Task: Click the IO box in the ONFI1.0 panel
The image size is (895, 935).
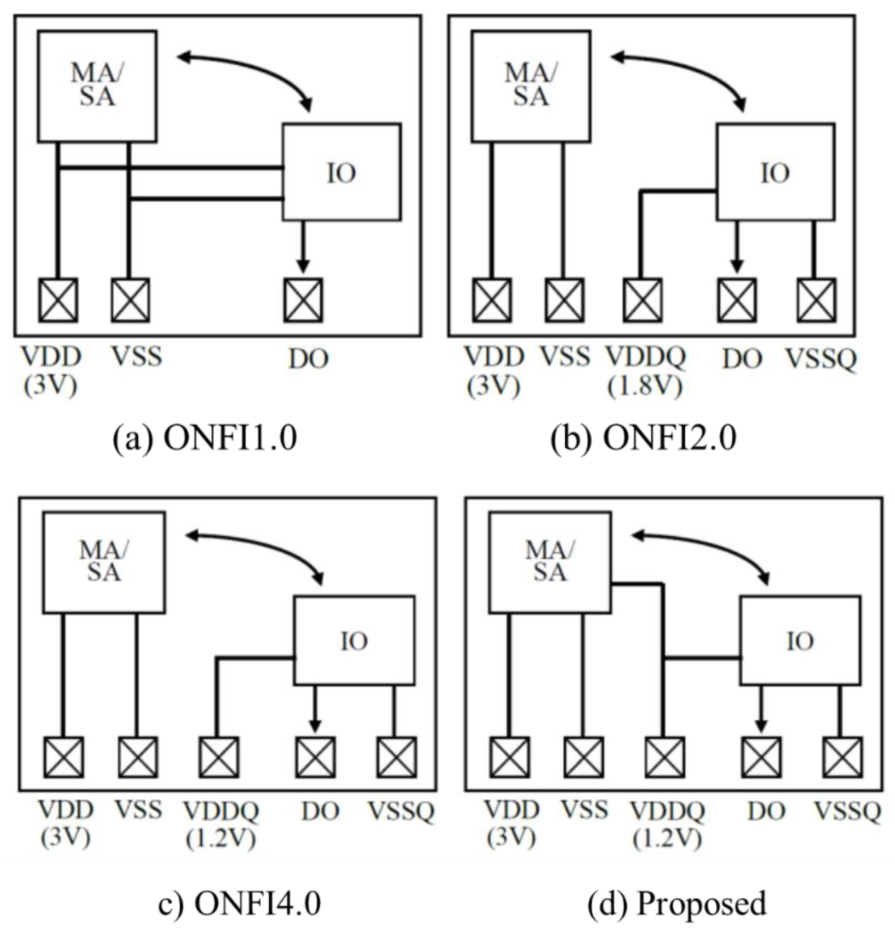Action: point(341,172)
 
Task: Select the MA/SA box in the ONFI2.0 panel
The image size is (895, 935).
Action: point(531,87)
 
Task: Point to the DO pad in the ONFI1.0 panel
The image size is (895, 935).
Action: point(303,301)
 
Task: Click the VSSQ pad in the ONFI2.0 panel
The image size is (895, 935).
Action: point(816,301)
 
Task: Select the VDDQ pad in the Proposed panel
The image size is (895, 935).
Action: point(664,757)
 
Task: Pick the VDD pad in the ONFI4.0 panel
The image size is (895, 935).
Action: point(63,757)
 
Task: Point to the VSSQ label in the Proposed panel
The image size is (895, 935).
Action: point(847,811)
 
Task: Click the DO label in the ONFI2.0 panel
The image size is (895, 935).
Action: point(742,359)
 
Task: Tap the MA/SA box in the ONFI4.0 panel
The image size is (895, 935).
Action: point(104,562)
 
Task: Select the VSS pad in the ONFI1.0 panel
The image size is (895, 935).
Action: point(130,301)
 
